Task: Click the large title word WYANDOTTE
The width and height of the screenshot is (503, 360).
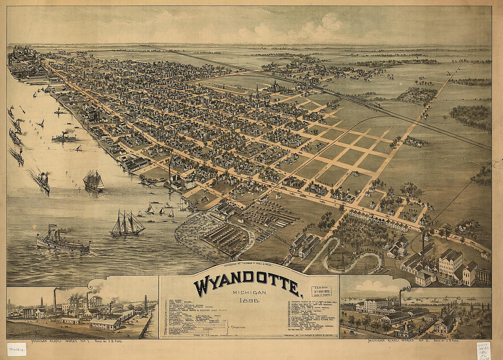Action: (x=247, y=285)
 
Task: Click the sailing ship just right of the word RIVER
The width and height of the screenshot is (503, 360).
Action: (x=94, y=181)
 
